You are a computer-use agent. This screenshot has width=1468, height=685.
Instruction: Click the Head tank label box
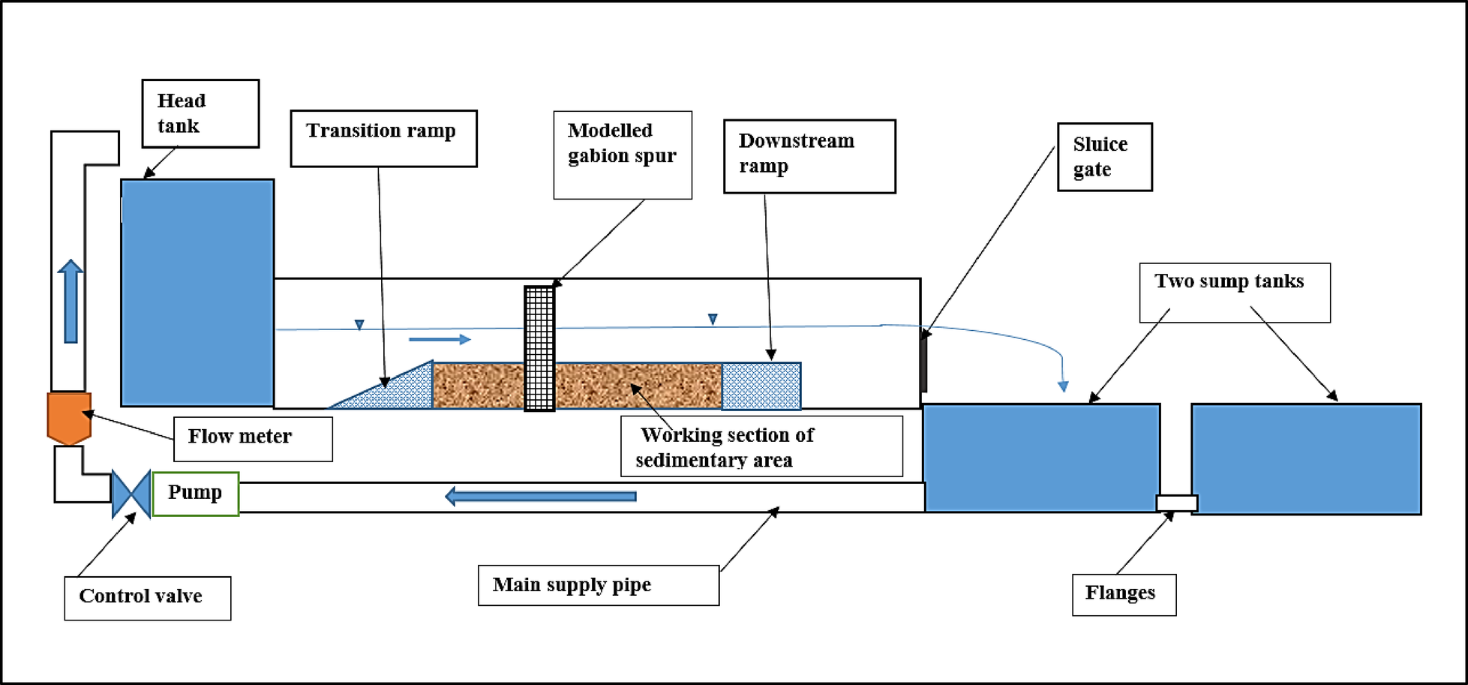tap(200, 113)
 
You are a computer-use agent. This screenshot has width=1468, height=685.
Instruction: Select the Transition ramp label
tap(383, 138)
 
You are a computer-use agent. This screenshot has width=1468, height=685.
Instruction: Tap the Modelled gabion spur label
tap(623, 155)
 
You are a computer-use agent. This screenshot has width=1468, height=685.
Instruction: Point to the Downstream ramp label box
tap(809, 156)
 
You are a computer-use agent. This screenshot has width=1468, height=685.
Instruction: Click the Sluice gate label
tap(1104, 157)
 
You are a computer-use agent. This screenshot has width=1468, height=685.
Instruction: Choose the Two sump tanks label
tap(1234, 292)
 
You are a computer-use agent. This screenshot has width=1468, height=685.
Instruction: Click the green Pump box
tap(195, 494)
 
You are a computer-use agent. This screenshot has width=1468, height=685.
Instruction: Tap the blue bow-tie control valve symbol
tap(131, 494)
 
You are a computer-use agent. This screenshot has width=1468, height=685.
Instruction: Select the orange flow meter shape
tap(69, 417)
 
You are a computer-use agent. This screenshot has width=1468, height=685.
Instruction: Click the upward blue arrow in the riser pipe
tap(71, 301)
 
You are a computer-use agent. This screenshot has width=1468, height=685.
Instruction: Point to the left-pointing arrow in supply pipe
tap(540, 496)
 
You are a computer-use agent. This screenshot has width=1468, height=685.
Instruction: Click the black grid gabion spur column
tap(539, 348)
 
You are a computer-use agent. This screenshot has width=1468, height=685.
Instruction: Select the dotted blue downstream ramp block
tap(761, 386)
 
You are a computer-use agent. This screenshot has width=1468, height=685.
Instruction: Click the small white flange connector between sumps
tap(1176, 503)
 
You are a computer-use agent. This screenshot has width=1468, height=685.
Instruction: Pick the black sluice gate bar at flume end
tap(924, 362)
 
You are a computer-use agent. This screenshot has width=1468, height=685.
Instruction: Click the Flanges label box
tap(1124, 594)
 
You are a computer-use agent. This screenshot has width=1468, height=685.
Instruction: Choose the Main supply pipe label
tap(598, 585)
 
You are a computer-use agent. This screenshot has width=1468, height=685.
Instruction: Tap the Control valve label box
tap(147, 598)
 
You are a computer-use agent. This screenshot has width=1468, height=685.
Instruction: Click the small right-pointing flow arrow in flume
tap(440, 340)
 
